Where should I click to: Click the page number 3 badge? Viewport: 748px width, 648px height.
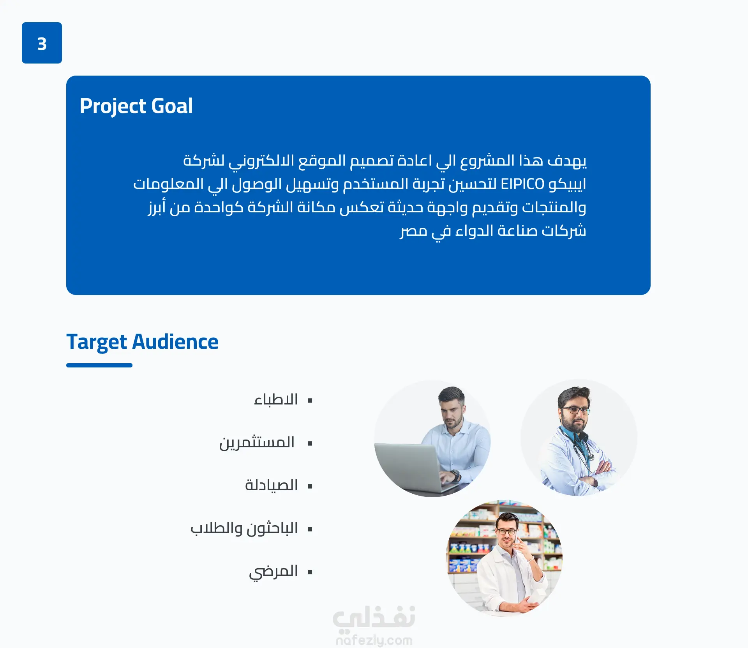pos(42,43)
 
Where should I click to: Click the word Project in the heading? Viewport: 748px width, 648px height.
pos(113,106)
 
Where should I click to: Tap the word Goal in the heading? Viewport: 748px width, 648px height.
pos(172,106)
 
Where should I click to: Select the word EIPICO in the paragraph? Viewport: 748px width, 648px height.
pos(522,184)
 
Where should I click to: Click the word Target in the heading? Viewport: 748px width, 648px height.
pos(97,343)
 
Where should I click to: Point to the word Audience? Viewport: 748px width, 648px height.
pos(175,342)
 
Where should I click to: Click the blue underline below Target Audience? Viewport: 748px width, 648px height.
pos(99,365)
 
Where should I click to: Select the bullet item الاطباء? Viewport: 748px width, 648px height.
pos(276,400)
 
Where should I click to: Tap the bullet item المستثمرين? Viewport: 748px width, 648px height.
pos(257,443)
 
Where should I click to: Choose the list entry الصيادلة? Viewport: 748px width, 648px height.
pos(272,486)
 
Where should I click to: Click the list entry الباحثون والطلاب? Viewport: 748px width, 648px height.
pos(244,528)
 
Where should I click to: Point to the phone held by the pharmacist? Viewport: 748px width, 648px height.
pos(516,539)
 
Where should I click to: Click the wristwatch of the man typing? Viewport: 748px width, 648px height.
pos(455,475)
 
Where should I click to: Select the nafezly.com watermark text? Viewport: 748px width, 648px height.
pos(374,640)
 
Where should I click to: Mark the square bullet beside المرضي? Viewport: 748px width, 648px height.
pos(310,572)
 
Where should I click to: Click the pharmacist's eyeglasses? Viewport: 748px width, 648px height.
pos(506,531)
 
